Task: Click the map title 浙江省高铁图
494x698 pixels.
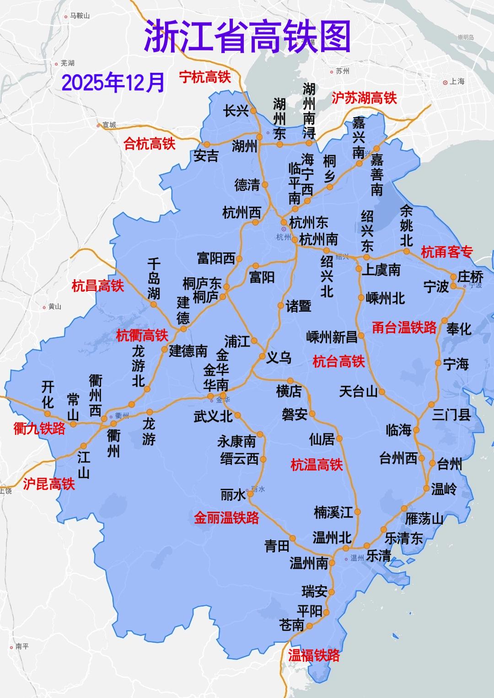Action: click(247, 37)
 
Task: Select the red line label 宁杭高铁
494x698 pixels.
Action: click(205, 77)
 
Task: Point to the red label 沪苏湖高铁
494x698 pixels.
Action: click(364, 97)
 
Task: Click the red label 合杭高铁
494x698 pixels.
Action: click(150, 144)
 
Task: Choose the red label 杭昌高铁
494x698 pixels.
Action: click(98, 286)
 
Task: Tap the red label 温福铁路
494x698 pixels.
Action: click(314, 655)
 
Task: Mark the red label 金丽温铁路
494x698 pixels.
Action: click(226, 518)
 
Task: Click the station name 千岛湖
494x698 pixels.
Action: click(154, 279)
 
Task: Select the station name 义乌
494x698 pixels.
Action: click(279, 357)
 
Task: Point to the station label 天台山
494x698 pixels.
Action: click(359, 391)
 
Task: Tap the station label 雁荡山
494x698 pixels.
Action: click(424, 519)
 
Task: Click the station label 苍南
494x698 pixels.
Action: click(291, 625)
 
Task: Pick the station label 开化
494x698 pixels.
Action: click(48, 395)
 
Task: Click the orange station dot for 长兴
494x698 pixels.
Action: click(253, 110)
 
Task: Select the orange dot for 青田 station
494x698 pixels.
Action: click(293, 539)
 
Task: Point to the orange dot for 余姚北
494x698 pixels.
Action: click(406, 251)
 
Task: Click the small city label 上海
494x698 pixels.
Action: click(457, 81)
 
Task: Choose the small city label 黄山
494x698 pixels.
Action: click(54, 307)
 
